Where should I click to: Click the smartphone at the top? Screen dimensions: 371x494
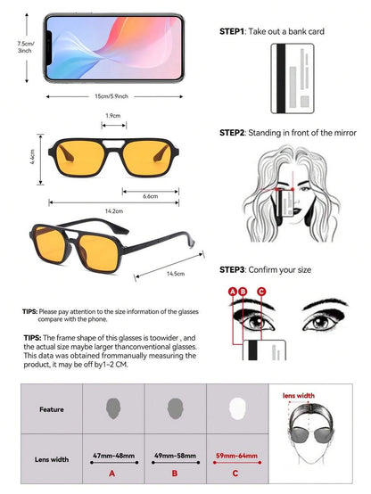(113, 48)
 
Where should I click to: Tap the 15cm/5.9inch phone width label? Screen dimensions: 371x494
(111, 96)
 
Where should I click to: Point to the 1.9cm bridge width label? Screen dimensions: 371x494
(113, 116)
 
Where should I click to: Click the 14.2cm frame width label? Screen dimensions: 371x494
(114, 211)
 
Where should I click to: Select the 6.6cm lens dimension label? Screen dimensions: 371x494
(150, 196)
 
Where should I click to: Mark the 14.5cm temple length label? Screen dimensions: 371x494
(176, 274)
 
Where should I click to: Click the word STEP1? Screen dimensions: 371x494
(232, 31)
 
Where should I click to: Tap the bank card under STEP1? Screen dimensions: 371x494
(293, 78)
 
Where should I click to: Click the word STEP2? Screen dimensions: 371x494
(232, 133)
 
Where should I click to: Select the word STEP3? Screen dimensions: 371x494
(232, 270)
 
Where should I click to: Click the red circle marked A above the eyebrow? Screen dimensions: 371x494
(233, 292)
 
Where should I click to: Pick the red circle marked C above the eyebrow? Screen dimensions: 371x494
(261, 292)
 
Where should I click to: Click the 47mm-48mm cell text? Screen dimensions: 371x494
(113, 456)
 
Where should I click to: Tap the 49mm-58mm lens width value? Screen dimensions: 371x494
(175, 456)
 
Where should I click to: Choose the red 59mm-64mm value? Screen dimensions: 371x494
(236, 456)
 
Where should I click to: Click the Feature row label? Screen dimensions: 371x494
(52, 409)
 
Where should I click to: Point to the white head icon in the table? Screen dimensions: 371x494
(237, 408)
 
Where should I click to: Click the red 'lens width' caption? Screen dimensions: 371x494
(299, 396)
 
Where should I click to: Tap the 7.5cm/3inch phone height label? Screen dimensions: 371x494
(26, 46)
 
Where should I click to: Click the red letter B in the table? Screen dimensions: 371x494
(175, 473)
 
